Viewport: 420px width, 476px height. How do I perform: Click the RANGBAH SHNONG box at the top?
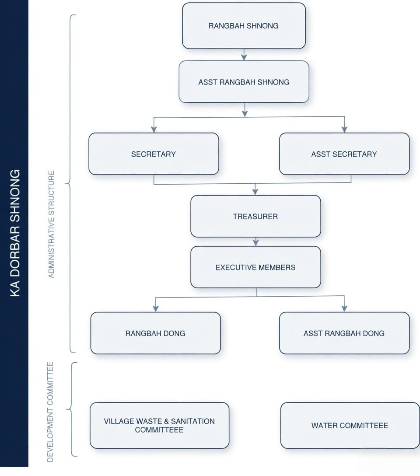pos(244,26)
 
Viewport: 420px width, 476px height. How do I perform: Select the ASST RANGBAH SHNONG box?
pos(244,82)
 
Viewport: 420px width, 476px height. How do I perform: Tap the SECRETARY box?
pos(154,154)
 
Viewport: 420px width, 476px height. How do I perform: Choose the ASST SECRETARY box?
pos(344,154)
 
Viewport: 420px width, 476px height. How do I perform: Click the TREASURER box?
pos(255,216)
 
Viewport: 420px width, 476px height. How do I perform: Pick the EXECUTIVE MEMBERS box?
pos(255,267)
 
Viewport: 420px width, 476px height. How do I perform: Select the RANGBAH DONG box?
pos(155,333)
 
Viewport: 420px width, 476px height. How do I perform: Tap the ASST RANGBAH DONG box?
pos(344,333)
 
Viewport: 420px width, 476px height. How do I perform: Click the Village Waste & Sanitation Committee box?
pos(159,425)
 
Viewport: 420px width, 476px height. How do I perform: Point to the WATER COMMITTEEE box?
pos(350,425)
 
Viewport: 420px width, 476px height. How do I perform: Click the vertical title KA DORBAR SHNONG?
pos(15,233)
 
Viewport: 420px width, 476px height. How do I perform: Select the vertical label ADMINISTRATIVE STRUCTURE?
pos(52,224)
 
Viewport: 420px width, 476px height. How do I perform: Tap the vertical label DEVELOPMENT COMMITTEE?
pos(50,411)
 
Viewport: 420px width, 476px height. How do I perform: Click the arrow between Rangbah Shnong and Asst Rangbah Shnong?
pos(244,55)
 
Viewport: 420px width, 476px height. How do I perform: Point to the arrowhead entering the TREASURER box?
pos(255,191)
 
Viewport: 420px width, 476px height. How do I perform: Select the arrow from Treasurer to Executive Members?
pos(256,242)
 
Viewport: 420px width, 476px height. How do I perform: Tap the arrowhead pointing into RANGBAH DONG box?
pos(155,308)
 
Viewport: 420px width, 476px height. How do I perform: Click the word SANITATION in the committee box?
pos(193,421)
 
